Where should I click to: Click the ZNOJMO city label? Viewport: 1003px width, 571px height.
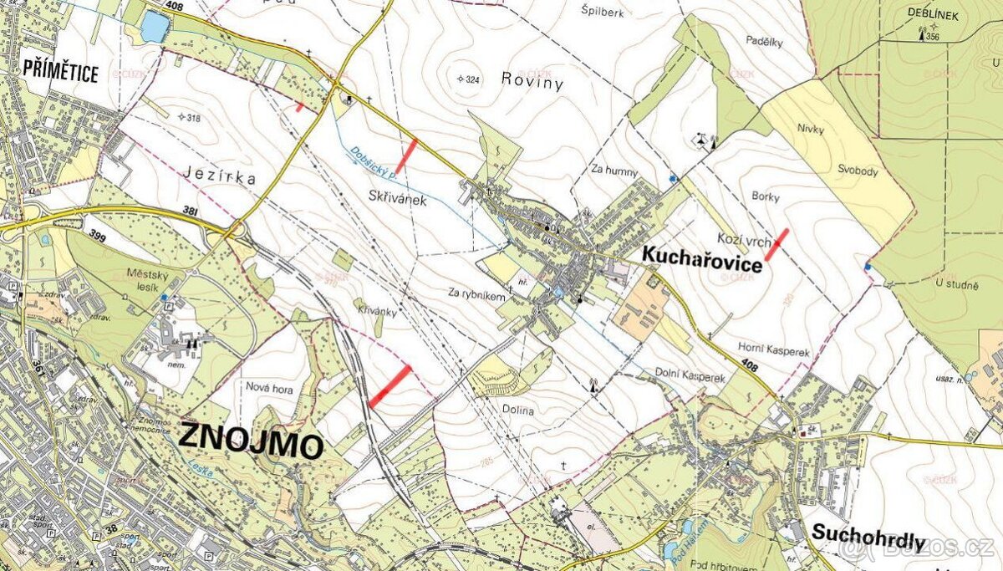[251, 441]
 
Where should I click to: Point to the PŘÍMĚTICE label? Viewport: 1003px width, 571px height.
[61, 73]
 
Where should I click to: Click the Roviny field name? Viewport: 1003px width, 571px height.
[532, 82]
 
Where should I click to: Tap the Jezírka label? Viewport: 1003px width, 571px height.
[219, 177]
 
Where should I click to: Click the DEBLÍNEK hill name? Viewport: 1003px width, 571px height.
[933, 14]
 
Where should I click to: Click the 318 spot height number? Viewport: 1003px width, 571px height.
[193, 118]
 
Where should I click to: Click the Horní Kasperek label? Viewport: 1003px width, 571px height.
[774, 353]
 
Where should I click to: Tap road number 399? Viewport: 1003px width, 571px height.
[99, 235]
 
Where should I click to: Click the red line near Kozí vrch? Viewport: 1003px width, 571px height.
[777, 243]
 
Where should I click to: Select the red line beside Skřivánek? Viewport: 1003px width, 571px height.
[405, 155]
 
